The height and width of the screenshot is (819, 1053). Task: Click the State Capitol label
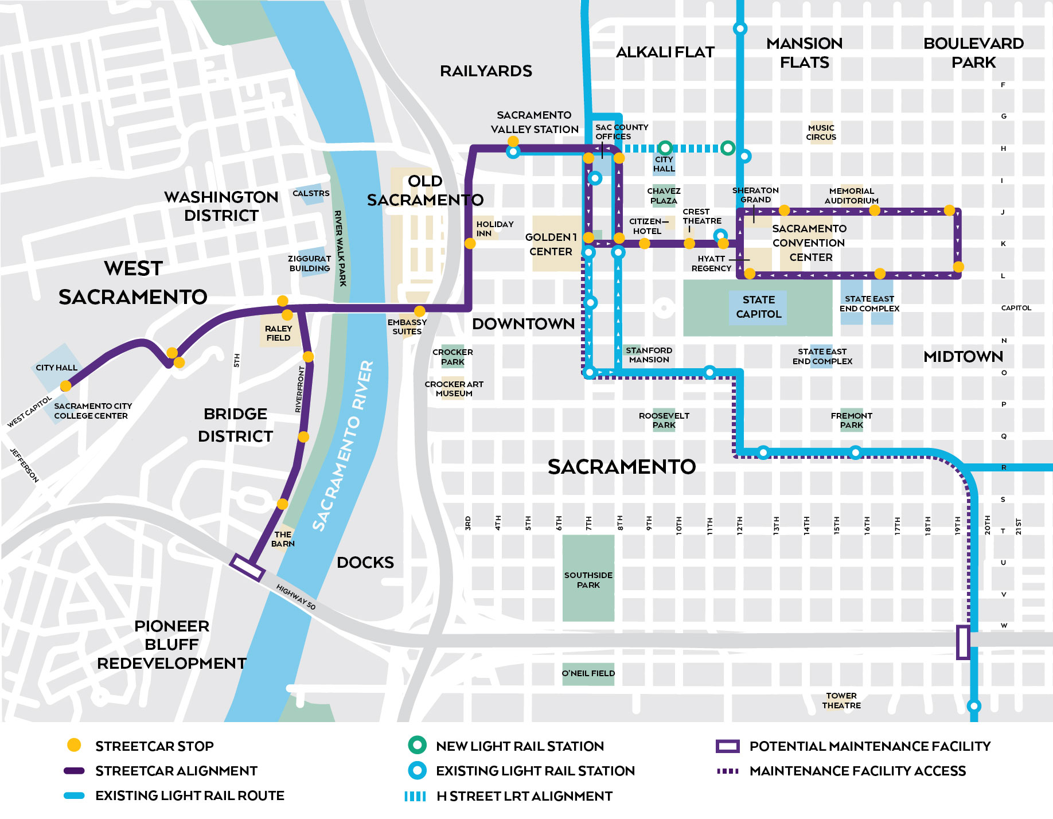(758, 307)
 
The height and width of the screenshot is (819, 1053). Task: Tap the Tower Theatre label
(841, 700)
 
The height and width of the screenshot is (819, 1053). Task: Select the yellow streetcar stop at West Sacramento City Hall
(66, 386)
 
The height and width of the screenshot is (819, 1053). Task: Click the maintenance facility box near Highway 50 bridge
(247, 567)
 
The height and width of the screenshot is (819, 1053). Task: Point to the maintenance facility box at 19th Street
(963, 642)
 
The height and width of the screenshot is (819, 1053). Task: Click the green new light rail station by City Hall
(665, 148)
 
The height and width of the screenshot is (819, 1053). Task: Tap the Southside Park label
(588, 580)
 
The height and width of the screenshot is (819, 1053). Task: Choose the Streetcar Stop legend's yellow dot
(74, 745)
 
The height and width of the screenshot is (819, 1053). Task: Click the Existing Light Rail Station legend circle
(417, 770)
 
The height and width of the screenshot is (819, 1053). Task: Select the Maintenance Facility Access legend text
(857, 771)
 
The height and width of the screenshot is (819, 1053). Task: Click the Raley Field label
(278, 333)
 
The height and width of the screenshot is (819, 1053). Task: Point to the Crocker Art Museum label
(454, 389)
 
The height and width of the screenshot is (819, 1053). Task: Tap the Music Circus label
(821, 132)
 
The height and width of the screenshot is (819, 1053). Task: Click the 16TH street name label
(867, 524)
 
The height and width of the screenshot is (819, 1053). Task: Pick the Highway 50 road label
(296, 597)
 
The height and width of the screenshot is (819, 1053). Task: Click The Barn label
(283, 539)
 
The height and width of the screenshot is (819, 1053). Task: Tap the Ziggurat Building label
(309, 263)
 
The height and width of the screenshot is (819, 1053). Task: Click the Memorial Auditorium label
(851, 196)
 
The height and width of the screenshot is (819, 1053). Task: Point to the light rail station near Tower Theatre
(973, 705)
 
